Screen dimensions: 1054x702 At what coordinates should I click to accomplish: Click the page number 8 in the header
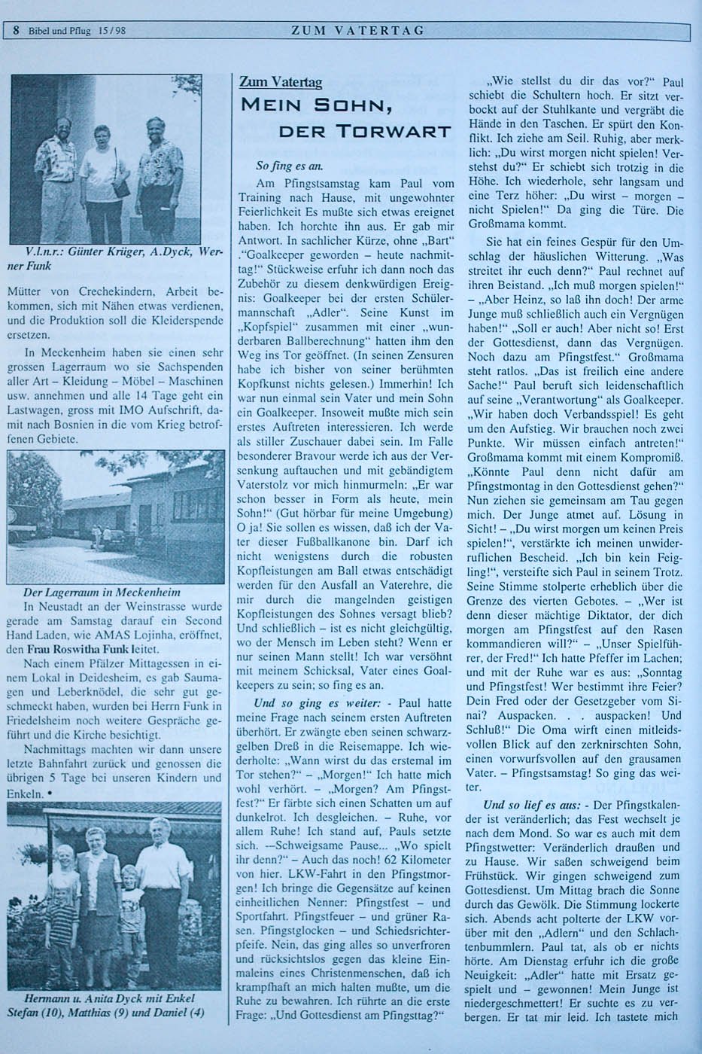coord(17,31)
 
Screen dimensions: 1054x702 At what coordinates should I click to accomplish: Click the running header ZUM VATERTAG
coord(357,31)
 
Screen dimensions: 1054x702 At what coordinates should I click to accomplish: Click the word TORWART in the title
coord(403,132)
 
